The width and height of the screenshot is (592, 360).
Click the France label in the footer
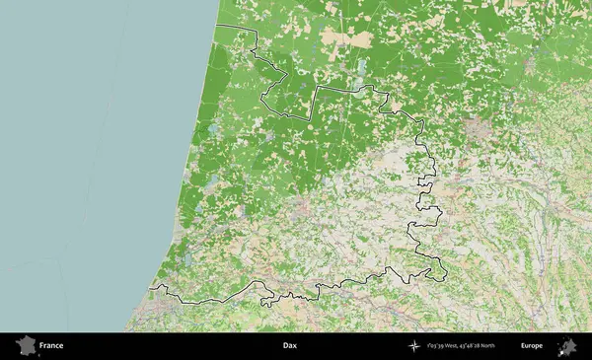[51, 346]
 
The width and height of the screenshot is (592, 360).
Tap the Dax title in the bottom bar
[289, 346]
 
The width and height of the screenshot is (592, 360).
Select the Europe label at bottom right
[532, 346]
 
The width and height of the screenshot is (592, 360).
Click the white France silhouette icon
[25, 346]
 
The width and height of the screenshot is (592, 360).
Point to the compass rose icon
[416, 346]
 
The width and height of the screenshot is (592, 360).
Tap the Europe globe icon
[567, 346]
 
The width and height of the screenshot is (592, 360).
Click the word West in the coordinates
[449, 346]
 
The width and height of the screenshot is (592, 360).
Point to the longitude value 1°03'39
[435, 346]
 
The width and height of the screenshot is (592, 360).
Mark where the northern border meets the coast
[217, 24]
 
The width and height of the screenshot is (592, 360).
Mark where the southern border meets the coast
[149, 289]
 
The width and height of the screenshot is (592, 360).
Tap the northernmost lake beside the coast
[212, 129]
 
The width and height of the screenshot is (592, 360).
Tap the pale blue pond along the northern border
[361, 69]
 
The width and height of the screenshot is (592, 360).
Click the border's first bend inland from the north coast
[256, 30]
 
